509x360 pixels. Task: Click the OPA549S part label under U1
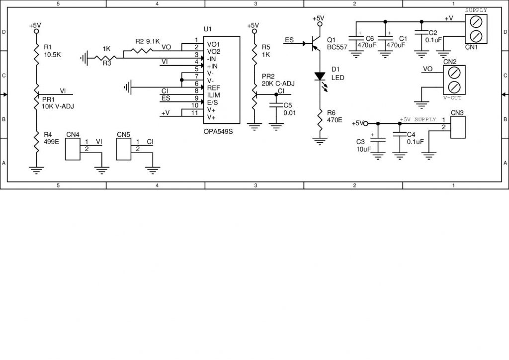pos(217,132)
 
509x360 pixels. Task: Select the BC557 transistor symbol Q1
pos(315,44)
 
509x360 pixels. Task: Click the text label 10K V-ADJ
pos(57,106)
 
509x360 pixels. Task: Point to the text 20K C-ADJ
pos(278,84)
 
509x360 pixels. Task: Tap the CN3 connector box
pos(457,127)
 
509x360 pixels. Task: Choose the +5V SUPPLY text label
pos(418,120)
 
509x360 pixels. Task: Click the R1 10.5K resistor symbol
pos(36,53)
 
